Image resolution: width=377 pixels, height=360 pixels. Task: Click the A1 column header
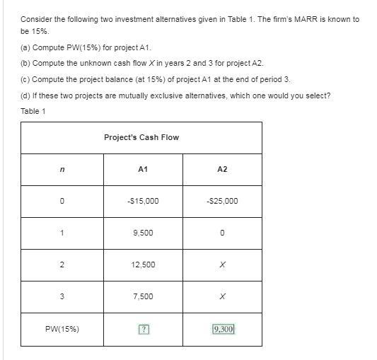[x=143, y=169]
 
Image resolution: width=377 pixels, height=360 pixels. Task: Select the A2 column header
[x=222, y=169]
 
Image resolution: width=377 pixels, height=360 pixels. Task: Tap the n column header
[x=62, y=169]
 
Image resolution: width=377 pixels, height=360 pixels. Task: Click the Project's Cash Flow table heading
[x=141, y=137]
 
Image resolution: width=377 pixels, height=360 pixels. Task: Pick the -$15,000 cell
[x=143, y=201]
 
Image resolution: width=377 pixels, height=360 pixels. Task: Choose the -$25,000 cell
[x=222, y=201]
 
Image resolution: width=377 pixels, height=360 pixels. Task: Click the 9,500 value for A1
[x=143, y=233]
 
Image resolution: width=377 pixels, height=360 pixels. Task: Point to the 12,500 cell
[x=143, y=265]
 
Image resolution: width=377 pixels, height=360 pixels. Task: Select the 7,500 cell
[x=143, y=296]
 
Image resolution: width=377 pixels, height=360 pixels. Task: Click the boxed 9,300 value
[x=223, y=329]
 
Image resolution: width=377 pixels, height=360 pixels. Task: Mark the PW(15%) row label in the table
[x=62, y=329]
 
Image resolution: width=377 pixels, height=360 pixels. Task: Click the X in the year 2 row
[x=222, y=265]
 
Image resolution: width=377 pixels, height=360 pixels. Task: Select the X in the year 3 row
[x=222, y=296]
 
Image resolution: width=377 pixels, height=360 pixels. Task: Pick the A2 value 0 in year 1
[x=222, y=233]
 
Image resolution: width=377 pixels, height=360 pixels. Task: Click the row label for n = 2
[x=62, y=265]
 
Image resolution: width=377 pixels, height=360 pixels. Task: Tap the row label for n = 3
[x=62, y=296]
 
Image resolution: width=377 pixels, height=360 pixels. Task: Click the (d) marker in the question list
[x=25, y=95]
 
